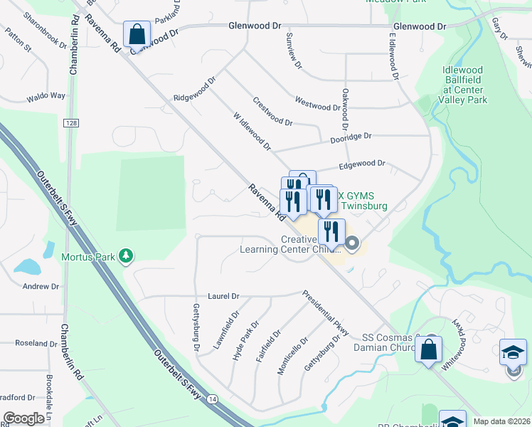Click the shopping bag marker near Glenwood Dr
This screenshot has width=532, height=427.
137,33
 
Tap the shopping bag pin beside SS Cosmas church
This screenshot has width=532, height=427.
429,349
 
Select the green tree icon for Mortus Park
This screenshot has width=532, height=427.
126,255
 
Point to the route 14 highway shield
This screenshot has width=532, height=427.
212,401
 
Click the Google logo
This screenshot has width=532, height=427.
23,418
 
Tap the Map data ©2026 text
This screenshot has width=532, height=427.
501,421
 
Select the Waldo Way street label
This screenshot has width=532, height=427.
46,95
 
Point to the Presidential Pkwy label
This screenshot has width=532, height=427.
325,313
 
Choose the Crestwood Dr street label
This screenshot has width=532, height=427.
273,112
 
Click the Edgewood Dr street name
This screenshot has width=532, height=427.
361,164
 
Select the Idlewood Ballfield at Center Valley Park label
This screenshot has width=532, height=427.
462,85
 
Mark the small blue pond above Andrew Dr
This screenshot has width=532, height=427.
27,267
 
